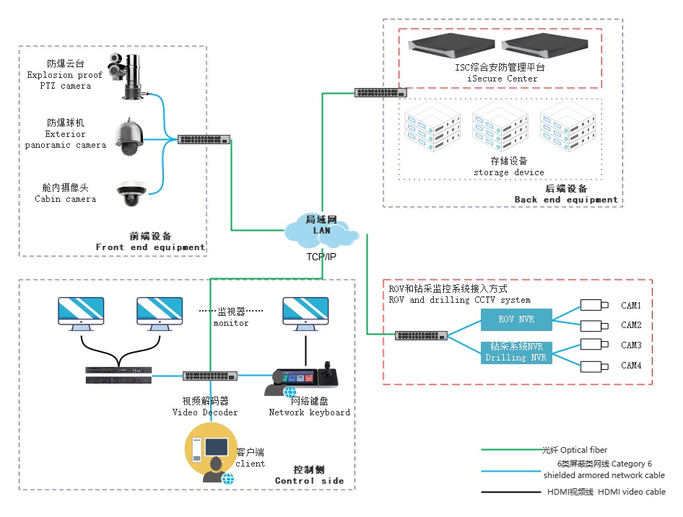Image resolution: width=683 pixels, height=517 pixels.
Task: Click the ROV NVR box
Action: [x=516, y=319]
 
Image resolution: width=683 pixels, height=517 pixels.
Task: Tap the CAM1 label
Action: [x=631, y=305]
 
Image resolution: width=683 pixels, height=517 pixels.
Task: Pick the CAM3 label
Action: [x=631, y=345]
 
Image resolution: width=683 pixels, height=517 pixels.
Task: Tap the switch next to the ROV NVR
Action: [x=421, y=335]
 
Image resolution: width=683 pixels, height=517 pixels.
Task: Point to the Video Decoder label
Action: [x=204, y=412]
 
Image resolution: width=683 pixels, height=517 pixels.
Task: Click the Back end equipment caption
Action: [x=566, y=200]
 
